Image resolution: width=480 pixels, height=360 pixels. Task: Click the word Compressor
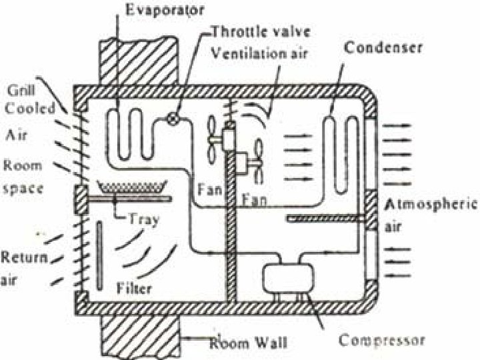point(382,341)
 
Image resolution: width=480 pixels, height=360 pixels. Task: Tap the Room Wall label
point(249,343)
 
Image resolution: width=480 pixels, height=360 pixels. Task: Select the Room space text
point(23,177)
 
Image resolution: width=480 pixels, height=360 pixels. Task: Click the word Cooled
point(32,109)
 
